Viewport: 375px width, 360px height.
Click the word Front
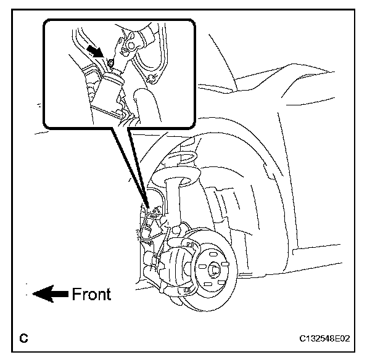pyautogui.click(x=91, y=294)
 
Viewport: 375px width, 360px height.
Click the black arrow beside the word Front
pyautogui.click(x=50, y=293)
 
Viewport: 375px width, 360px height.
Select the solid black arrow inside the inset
pyautogui.click(x=95, y=52)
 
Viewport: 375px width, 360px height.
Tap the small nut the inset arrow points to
pyautogui.click(x=111, y=63)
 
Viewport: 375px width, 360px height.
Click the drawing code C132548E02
pyautogui.click(x=325, y=338)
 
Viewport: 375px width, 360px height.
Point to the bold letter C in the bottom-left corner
pyautogui.click(x=23, y=338)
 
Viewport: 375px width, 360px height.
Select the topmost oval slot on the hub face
pyautogui.click(x=212, y=253)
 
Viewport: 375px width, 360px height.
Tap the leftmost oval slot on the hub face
pyautogui.click(x=202, y=266)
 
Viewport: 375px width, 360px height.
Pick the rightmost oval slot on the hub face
pyautogui.click(x=225, y=264)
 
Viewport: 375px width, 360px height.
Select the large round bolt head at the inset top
pyautogui.click(x=131, y=46)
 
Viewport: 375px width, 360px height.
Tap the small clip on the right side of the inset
pyautogui.click(x=151, y=78)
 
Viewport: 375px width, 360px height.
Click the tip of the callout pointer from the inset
pyautogui.click(x=148, y=208)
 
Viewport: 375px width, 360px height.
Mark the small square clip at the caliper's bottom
pyautogui.click(x=186, y=290)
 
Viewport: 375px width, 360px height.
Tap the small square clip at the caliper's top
pyautogui.click(x=190, y=245)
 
